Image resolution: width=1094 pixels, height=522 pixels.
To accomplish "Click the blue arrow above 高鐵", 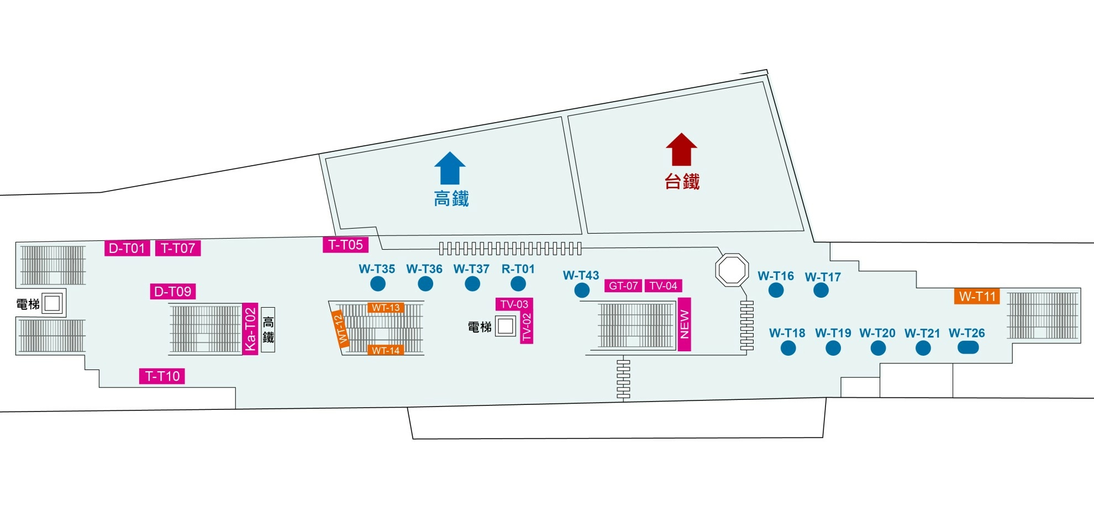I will point(450,168).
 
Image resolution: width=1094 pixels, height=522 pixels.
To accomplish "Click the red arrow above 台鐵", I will point(681,149).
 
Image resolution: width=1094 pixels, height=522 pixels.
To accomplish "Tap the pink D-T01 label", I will point(127,248).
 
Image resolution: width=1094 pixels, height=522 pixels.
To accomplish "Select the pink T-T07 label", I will point(178,248).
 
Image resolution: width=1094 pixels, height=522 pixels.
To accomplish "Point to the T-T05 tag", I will point(345,245).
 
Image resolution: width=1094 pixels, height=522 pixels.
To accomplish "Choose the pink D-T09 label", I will point(173,291).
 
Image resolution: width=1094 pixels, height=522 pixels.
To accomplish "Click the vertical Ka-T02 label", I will point(250,329).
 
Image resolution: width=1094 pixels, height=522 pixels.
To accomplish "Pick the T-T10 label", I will point(162,376).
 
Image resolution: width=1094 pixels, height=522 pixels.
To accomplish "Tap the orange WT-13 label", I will point(386,308).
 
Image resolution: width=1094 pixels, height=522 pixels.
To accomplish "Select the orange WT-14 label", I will point(386,350).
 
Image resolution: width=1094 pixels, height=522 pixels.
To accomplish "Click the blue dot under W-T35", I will point(378,284).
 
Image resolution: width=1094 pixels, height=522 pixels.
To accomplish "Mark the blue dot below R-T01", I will point(518,284).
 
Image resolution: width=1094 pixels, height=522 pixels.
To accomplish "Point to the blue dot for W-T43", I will point(582,290).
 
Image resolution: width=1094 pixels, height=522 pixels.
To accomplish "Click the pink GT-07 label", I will point(623,286).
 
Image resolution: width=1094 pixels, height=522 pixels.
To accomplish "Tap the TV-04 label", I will point(663,286).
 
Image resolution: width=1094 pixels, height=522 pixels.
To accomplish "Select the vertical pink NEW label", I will point(684,324).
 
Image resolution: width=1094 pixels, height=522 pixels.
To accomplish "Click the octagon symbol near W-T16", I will point(732,270).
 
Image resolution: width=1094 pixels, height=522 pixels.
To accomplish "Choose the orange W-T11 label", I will point(977,296).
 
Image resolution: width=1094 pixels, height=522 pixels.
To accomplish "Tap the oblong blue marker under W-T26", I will point(967,347).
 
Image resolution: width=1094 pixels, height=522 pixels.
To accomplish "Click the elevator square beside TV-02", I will point(505,326).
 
